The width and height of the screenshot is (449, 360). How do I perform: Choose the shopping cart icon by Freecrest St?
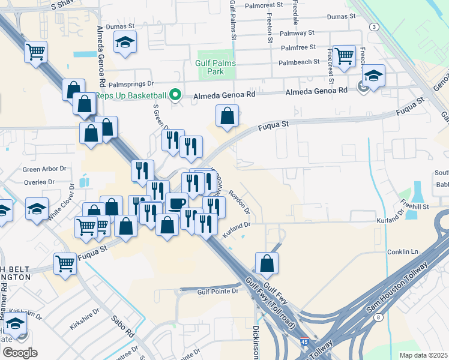click(x=344, y=56)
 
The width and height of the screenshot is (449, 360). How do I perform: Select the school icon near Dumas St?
click(x=125, y=42)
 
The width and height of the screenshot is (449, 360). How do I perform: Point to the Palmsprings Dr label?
click(x=129, y=85)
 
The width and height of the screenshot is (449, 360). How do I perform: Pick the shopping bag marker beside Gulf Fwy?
click(x=267, y=263)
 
